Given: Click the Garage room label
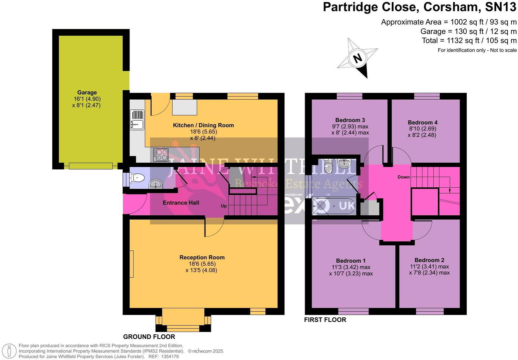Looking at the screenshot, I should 87,93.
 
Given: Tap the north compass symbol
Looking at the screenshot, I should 357,58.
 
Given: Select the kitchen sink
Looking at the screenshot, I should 137,120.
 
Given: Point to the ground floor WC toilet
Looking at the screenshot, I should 137,178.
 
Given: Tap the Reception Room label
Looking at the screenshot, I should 202,257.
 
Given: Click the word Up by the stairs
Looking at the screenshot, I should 224,206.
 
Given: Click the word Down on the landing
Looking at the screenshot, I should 403,177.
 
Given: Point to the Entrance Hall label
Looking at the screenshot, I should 181,203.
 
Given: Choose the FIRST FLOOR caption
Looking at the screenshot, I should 325,320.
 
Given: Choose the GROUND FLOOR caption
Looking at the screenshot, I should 149,337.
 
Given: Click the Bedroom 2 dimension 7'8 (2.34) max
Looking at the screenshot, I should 429,273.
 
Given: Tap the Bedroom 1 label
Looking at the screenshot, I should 351,261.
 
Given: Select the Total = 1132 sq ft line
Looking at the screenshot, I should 469,41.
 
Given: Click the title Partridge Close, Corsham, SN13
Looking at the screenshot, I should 419,7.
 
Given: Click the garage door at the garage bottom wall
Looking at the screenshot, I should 91,166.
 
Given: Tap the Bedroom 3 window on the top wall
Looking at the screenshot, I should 349,96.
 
